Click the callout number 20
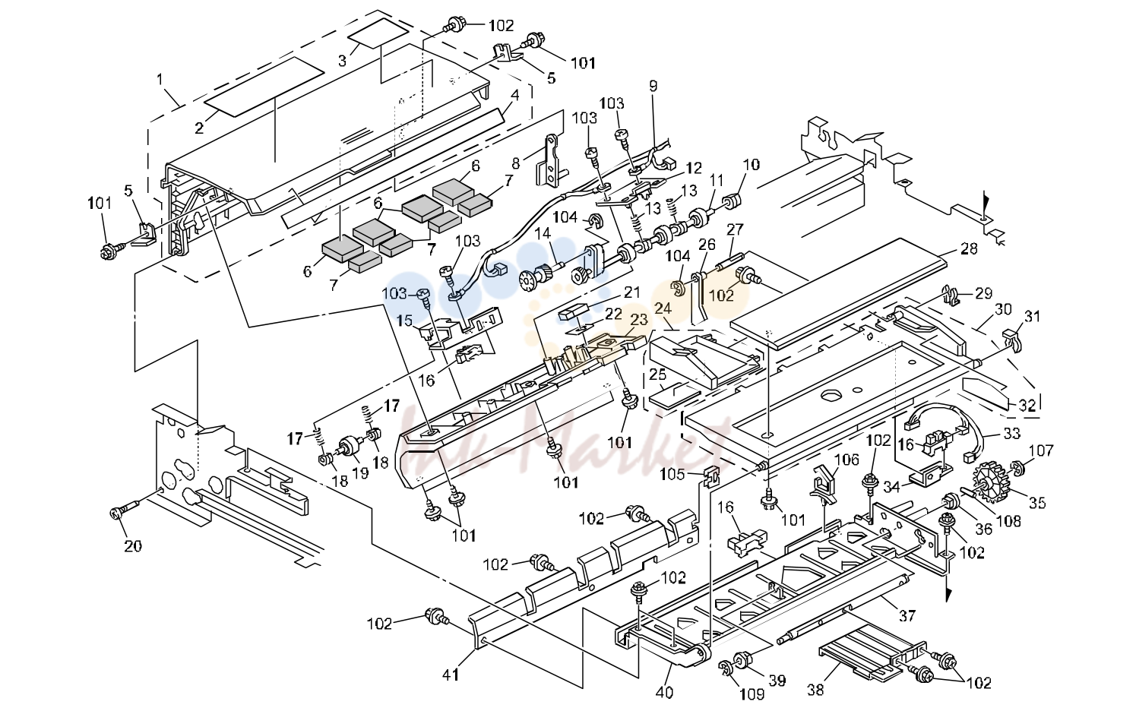click(x=133, y=546)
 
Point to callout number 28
click(x=969, y=249)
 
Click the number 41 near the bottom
click(x=451, y=675)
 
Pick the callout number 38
click(x=815, y=690)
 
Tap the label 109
click(x=752, y=694)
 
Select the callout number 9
click(x=653, y=86)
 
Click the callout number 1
click(x=160, y=79)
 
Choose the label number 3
click(x=343, y=62)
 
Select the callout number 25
click(x=657, y=375)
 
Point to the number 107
click(x=1041, y=450)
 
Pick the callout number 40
click(x=664, y=692)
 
